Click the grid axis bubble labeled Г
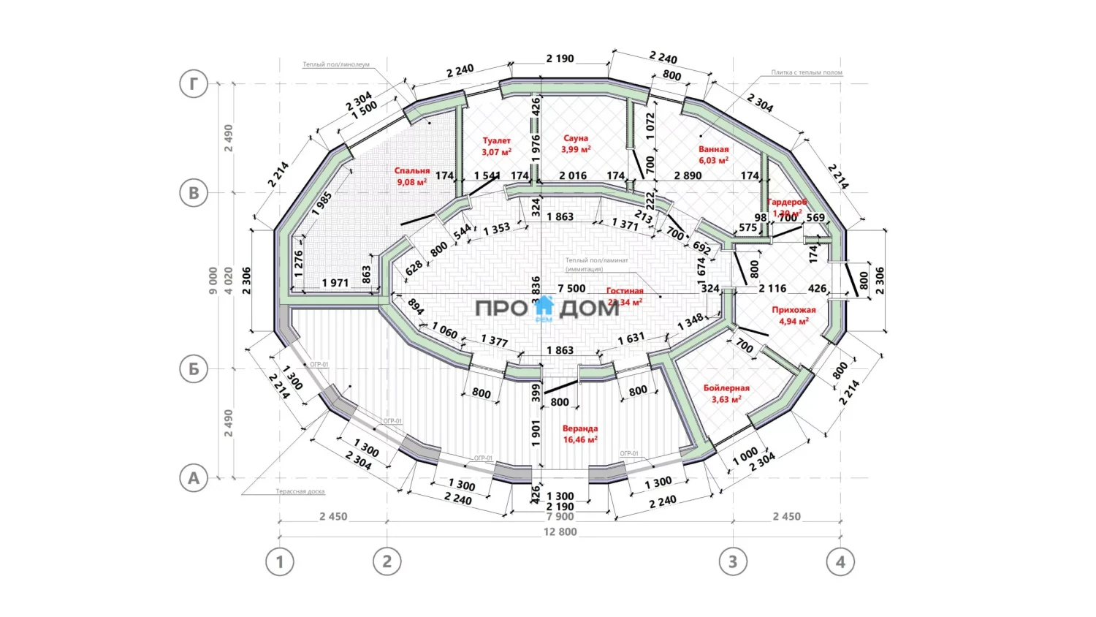point(194,83)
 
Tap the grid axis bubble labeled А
point(194,478)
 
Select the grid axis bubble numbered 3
point(733,561)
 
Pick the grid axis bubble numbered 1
point(279,561)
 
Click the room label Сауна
point(576,138)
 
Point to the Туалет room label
point(497,140)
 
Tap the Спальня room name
point(412,171)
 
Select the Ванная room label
point(713,149)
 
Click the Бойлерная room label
point(726,388)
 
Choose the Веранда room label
point(580,428)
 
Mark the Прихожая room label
point(794,310)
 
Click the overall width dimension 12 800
point(560,532)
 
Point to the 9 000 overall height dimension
point(213,280)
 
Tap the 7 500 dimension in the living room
point(571,289)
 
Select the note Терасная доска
point(300,491)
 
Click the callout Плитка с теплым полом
point(807,72)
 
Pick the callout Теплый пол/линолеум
point(336,64)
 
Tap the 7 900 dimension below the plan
point(560,517)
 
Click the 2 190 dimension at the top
point(560,58)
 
